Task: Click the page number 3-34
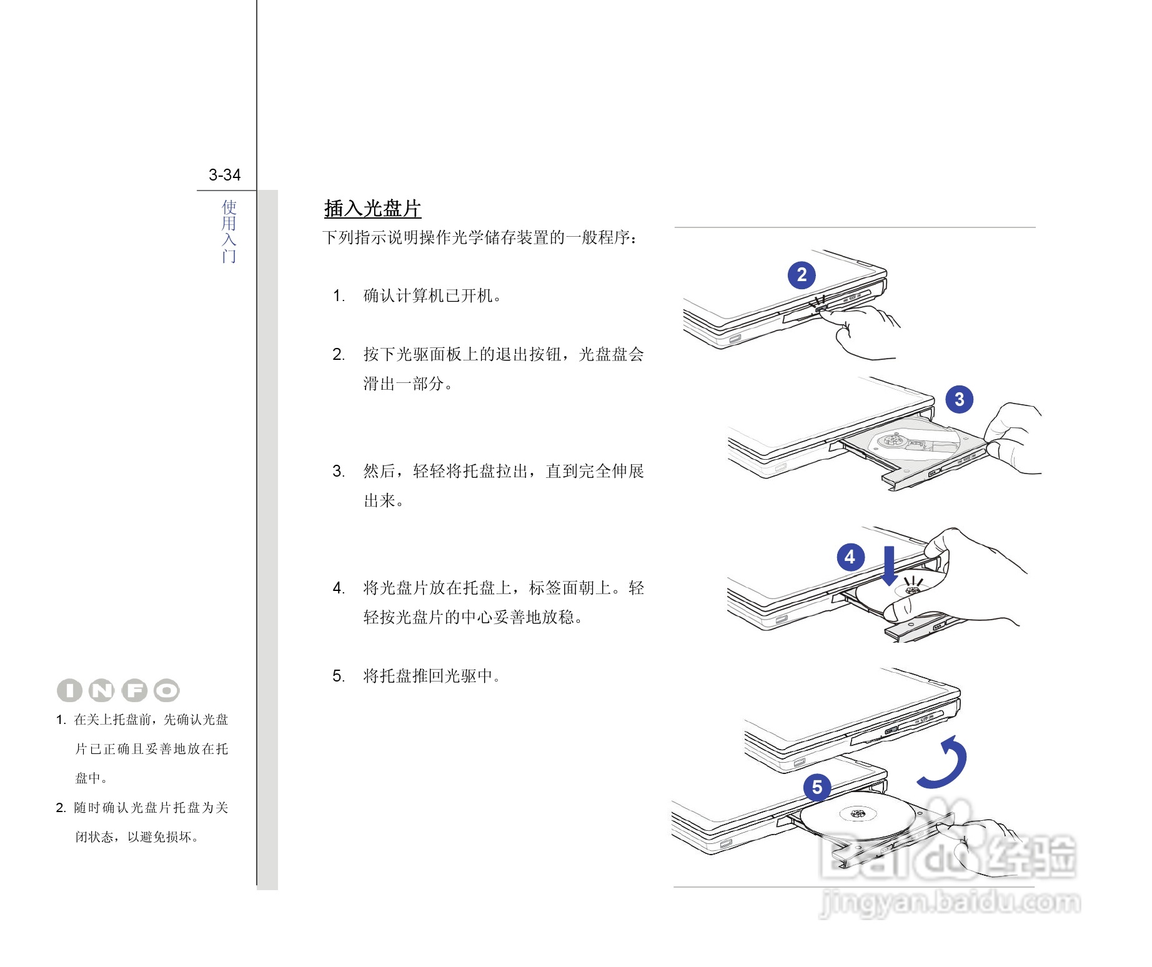224,175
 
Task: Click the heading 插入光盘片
372,209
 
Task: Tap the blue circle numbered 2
802,275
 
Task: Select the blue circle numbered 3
959,399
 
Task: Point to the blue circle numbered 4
850,557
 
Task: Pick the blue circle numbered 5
817,788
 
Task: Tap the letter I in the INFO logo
69,690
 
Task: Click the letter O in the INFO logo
167,690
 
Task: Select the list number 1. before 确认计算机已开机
339,296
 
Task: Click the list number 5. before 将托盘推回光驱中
339,676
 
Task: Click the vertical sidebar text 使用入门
229,231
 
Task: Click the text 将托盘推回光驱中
432,676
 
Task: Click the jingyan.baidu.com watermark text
950,903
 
